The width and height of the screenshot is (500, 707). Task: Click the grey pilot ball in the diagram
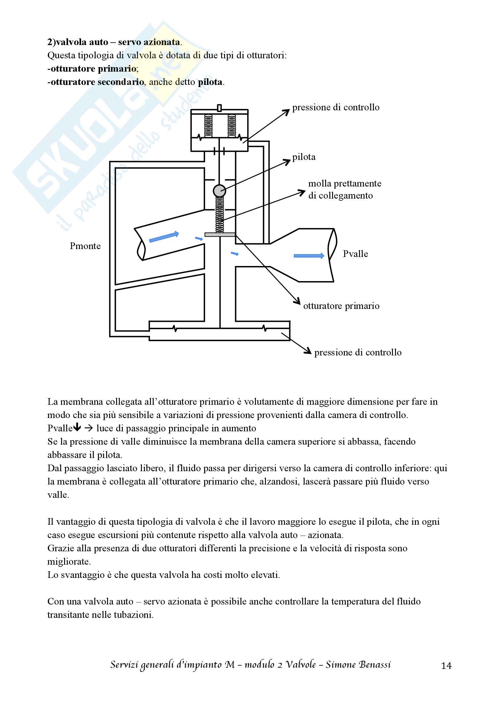[x=219, y=191]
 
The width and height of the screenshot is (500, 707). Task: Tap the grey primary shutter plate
[x=220, y=235]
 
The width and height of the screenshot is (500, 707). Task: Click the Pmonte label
[x=85, y=246]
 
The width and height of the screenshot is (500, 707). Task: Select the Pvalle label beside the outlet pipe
[x=355, y=254]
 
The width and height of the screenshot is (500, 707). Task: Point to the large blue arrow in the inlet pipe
[x=164, y=236]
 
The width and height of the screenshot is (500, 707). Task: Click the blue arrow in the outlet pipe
[x=309, y=256]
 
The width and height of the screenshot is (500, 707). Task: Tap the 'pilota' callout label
[x=304, y=157]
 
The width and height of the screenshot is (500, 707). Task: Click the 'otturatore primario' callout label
[x=341, y=306]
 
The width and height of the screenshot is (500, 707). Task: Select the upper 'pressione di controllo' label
[x=335, y=108]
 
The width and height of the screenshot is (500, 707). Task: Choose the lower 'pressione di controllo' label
[x=358, y=352]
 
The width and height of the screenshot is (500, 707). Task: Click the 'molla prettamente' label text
[x=345, y=183]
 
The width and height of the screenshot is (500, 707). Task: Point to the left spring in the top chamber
[x=209, y=126]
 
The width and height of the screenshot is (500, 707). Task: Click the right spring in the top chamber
[x=231, y=126]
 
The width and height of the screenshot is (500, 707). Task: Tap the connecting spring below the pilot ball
[x=219, y=215]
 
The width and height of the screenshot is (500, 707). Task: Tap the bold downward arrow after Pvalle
[x=77, y=428]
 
